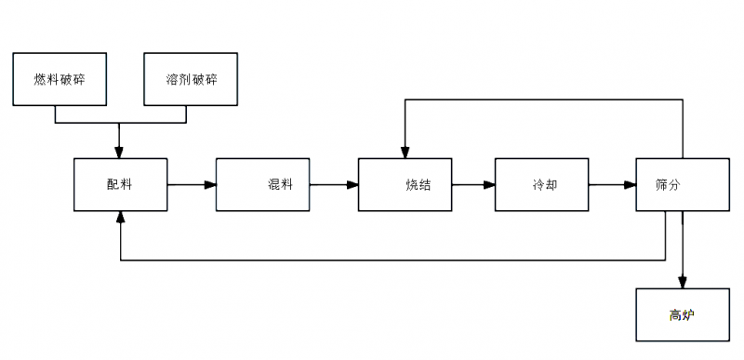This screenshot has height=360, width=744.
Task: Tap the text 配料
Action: coord(119,184)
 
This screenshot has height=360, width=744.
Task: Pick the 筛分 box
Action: coord(682,184)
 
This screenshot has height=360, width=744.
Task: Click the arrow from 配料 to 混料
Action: coord(192,184)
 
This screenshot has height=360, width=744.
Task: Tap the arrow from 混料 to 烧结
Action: coord(334,184)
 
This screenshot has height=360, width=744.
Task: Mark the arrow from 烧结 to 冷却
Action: coord(473,184)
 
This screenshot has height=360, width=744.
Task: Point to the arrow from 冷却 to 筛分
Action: coord(612,184)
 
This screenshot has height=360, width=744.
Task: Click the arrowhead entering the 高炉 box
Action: coord(684,282)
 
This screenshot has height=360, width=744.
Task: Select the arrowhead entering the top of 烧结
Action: coord(405,152)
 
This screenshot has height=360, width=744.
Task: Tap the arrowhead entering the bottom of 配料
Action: coord(120,217)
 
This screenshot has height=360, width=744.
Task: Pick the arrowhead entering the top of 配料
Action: coord(120,152)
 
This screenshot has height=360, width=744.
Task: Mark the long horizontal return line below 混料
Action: coord(372,260)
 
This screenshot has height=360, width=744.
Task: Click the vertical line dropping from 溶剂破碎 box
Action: coord(186,113)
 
